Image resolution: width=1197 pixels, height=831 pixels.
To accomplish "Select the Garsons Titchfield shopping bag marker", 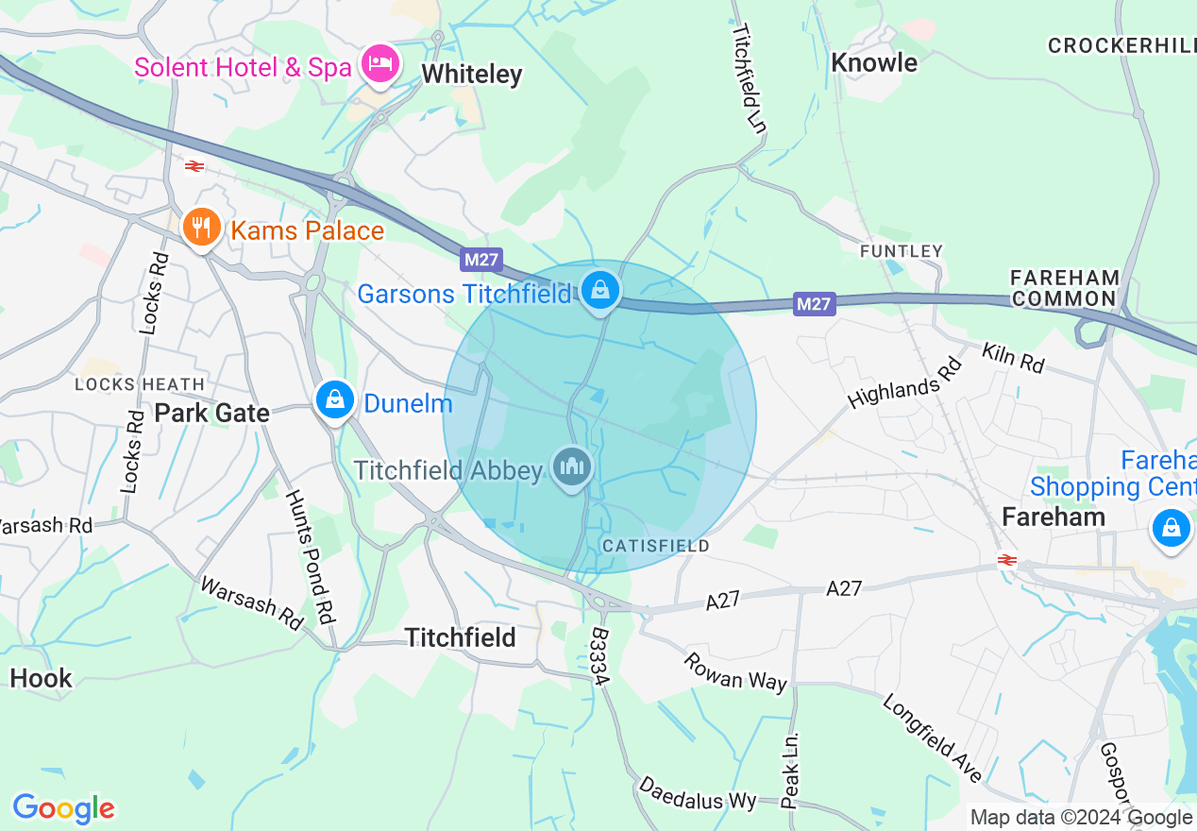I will click(599, 291).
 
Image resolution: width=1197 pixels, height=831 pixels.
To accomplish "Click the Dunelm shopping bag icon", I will click(334, 401).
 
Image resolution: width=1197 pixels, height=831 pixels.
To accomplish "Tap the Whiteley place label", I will click(471, 75).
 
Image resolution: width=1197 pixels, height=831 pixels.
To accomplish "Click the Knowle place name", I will click(874, 63).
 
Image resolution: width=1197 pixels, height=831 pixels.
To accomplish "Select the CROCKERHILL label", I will click(1121, 45).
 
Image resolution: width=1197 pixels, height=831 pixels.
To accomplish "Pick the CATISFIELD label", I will click(655, 547).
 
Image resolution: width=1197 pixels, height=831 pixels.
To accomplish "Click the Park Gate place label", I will click(211, 413).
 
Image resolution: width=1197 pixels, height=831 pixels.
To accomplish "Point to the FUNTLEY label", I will click(902, 251).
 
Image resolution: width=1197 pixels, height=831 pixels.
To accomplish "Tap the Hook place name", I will click(41, 678).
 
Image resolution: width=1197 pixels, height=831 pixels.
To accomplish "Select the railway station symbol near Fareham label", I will click(1006, 560).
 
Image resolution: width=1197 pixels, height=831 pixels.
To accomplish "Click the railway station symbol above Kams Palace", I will click(194, 166).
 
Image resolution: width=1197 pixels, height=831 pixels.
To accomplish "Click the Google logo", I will click(63, 809).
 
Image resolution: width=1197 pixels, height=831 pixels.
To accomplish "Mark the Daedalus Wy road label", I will click(698, 794).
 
